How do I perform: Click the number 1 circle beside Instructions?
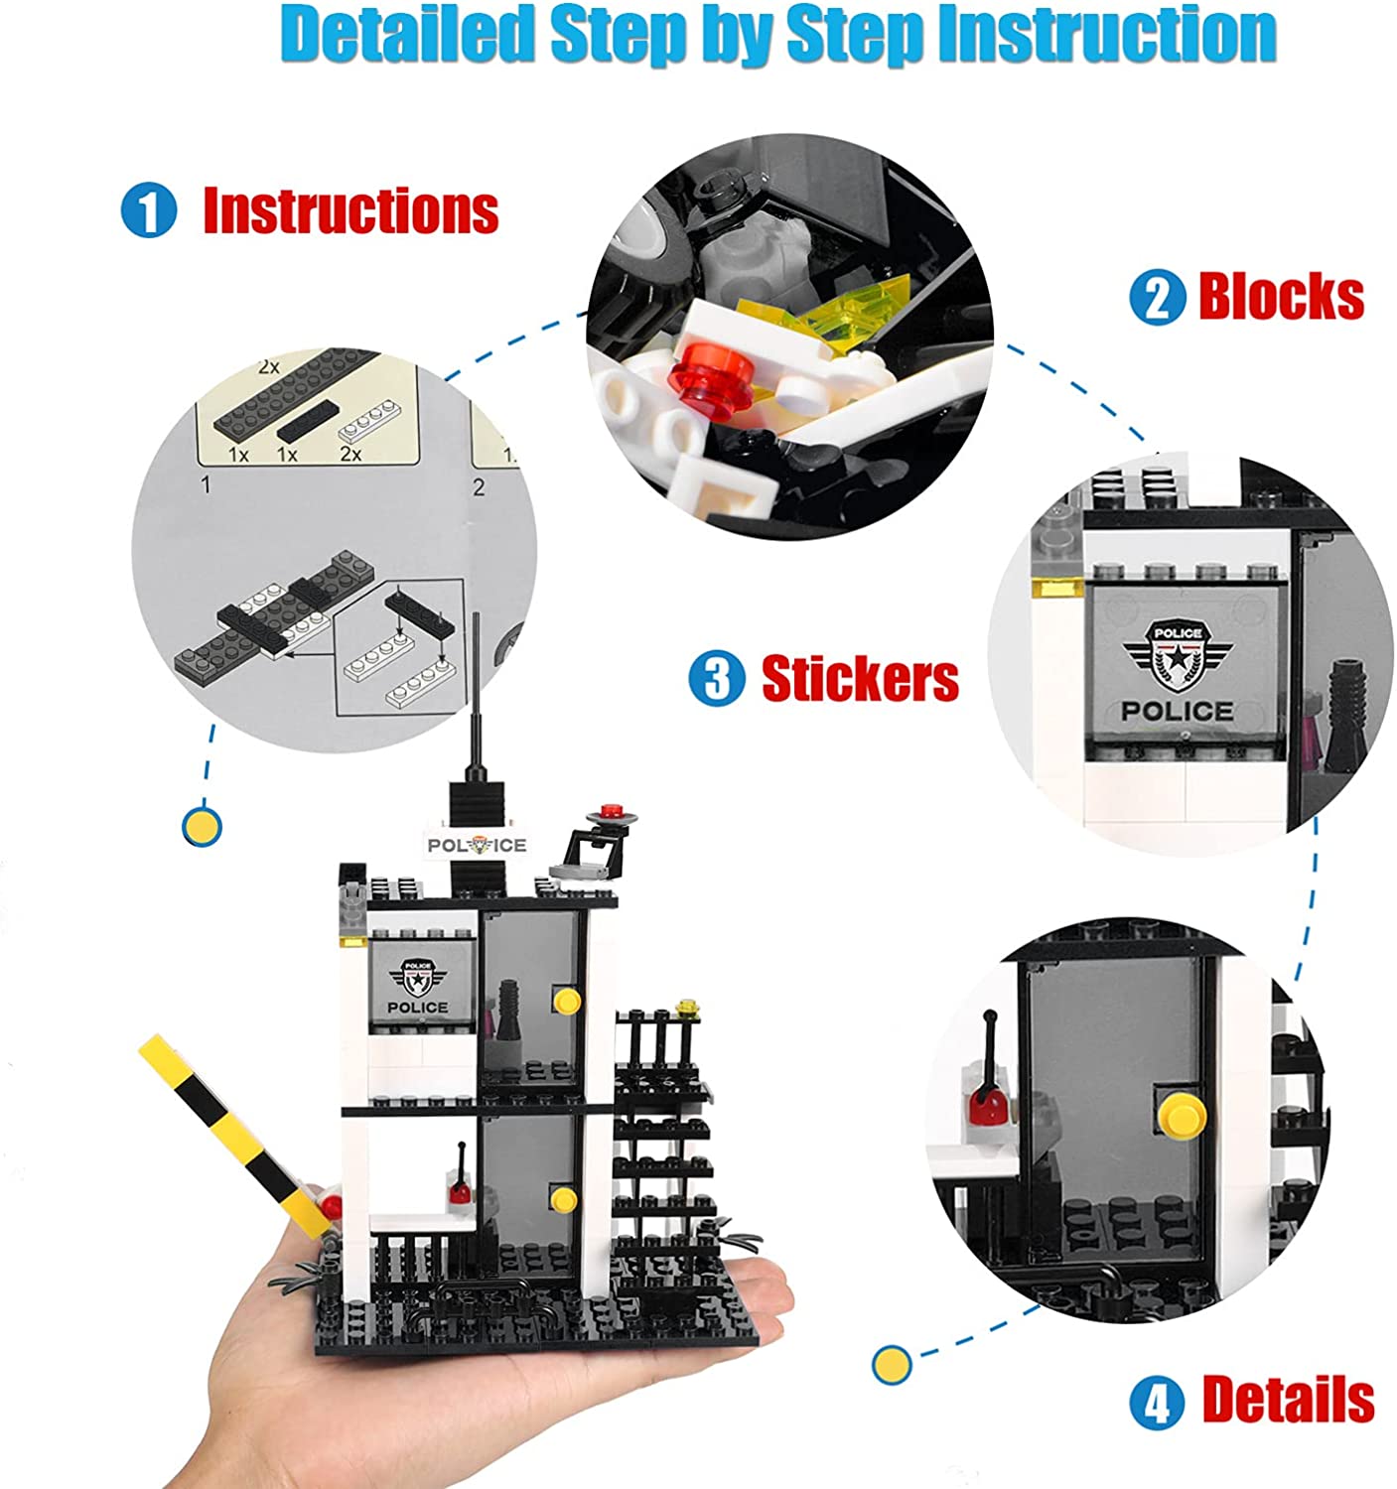click(x=149, y=211)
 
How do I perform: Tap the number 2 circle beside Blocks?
click(x=1158, y=297)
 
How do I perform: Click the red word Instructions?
click(x=350, y=210)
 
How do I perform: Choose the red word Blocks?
click(x=1281, y=296)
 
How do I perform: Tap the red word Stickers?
click(x=860, y=679)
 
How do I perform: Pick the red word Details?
click(x=1288, y=1400)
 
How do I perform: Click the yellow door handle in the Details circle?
click(x=1181, y=1113)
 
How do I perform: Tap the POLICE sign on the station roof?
click(x=477, y=845)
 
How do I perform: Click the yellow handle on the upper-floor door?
click(x=567, y=999)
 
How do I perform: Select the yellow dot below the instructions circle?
click(x=203, y=826)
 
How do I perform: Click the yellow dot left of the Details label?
click(x=892, y=1364)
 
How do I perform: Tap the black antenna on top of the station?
click(x=478, y=695)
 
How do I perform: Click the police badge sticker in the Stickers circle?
click(x=1177, y=660)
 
